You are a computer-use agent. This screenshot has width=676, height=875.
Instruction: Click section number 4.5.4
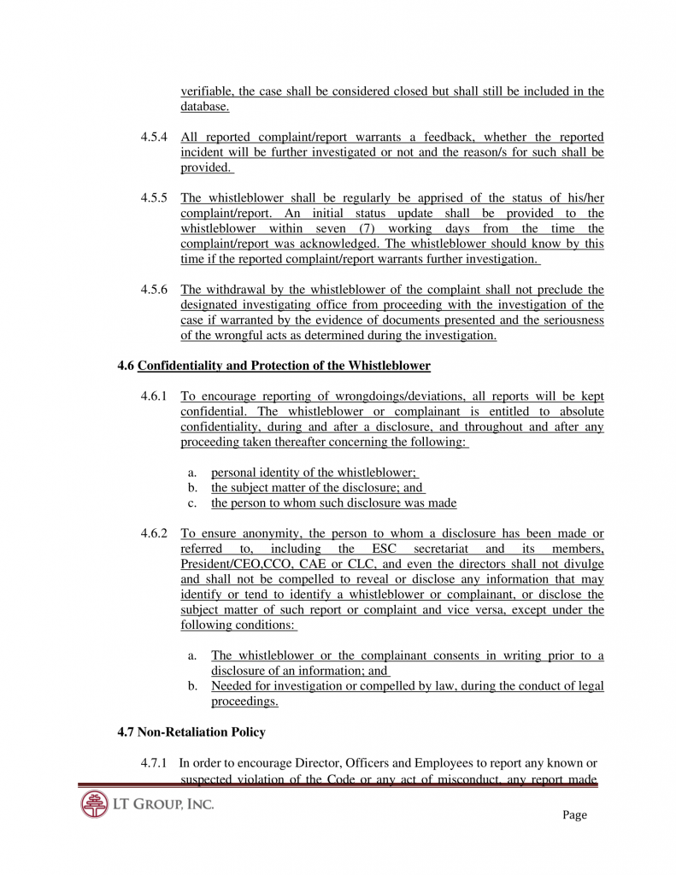tap(154, 138)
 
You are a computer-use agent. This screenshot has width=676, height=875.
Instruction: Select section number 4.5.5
tap(154, 198)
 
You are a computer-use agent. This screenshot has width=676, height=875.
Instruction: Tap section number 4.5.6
tap(154, 290)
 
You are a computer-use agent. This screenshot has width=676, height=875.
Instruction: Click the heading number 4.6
tap(126, 367)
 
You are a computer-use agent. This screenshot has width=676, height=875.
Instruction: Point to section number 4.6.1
tap(154, 397)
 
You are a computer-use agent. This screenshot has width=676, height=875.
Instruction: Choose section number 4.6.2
tap(154, 534)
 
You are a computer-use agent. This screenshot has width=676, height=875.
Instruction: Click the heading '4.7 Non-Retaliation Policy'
tap(191, 732)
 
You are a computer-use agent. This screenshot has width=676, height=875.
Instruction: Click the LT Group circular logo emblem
tap(94, 804)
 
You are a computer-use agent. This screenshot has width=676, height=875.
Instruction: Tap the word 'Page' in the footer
tap(574, 815)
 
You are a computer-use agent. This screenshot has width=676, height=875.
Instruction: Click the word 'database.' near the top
tap(204, 107)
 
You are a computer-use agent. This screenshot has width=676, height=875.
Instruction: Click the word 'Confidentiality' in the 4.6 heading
tap(180, 367)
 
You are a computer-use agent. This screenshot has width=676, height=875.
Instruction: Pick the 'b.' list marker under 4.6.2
tap(193, 686)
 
